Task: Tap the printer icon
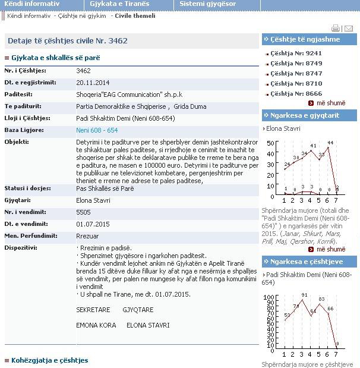pos(336,28)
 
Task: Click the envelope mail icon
pos(349,28)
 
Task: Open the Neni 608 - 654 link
pos(97,130)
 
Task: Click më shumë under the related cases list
pos(330,103)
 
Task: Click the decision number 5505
pos(83,212)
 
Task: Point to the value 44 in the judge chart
pos(330,143)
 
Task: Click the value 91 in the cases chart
pos(304,295)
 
